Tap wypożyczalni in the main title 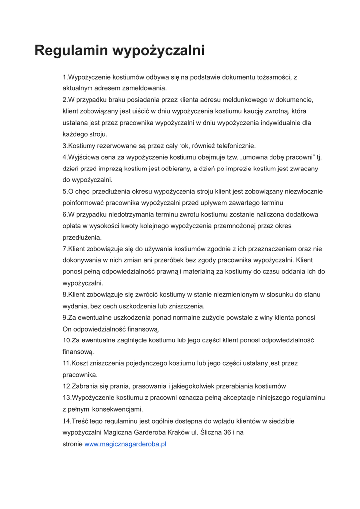(159, 51)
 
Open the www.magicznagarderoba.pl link (125, 444)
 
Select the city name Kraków (178, 432)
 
